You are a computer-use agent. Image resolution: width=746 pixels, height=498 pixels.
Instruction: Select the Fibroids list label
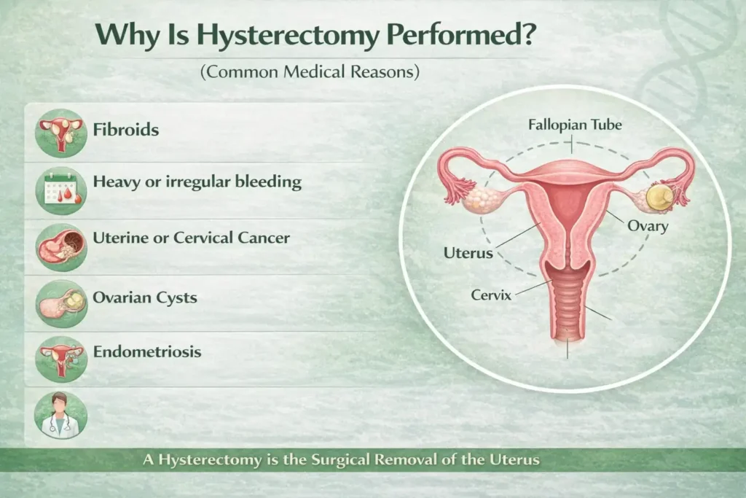tap(126, 131)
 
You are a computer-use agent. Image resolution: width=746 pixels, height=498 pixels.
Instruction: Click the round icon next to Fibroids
tap(61, 132)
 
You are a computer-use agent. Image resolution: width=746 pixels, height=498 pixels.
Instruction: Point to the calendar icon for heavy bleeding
tap(61, 189)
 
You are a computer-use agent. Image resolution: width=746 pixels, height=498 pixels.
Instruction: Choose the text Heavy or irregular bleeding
tap(197, 181)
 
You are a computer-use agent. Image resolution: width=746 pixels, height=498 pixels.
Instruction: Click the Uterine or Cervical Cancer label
tap(191, 238)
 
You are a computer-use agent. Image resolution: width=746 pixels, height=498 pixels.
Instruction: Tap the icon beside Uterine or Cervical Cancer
tap(61, 246)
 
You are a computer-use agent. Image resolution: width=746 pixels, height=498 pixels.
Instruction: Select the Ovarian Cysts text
tap(145, 297)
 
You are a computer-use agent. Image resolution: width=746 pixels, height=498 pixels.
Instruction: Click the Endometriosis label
tap(147, 351)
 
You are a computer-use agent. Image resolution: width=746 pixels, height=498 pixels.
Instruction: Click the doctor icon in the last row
tap(61, 414)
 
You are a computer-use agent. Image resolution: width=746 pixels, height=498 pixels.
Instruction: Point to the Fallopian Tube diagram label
tap(575, 125)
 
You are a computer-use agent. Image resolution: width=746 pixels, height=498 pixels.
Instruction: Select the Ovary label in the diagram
tap(647, 226)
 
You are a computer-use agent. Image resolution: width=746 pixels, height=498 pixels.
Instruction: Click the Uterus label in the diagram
tap(468, 253)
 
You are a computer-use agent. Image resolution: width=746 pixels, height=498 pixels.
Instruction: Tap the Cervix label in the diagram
tap(491, 296)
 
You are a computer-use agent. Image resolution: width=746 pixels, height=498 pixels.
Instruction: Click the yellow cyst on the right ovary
tap(661, 195)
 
